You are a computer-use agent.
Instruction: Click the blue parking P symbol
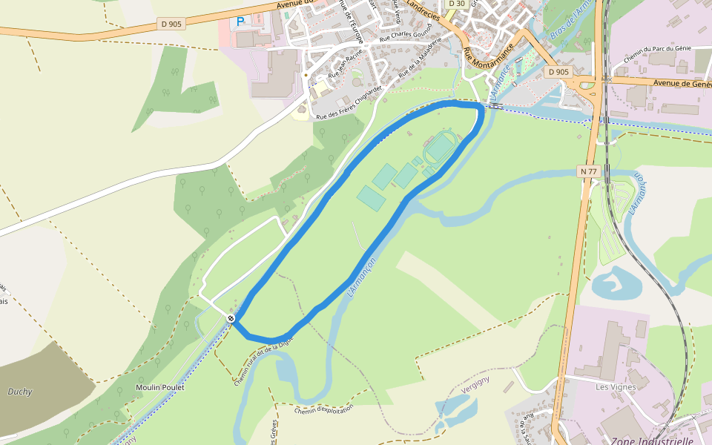[x=240, y=22]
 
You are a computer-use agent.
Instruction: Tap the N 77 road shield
[x=588, y=171]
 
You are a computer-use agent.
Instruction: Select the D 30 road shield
[x=457, y=4]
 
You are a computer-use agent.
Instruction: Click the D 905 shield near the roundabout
[x=558, y=72]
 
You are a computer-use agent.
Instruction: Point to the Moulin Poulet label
[x=159, y=387]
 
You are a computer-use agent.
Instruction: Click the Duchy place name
[x=19, y=392]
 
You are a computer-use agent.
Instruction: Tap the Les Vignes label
[x=617, y=386]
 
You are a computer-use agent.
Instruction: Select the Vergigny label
[x=475, y=380]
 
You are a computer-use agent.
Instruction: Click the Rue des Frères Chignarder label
[x=349, y=102]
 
